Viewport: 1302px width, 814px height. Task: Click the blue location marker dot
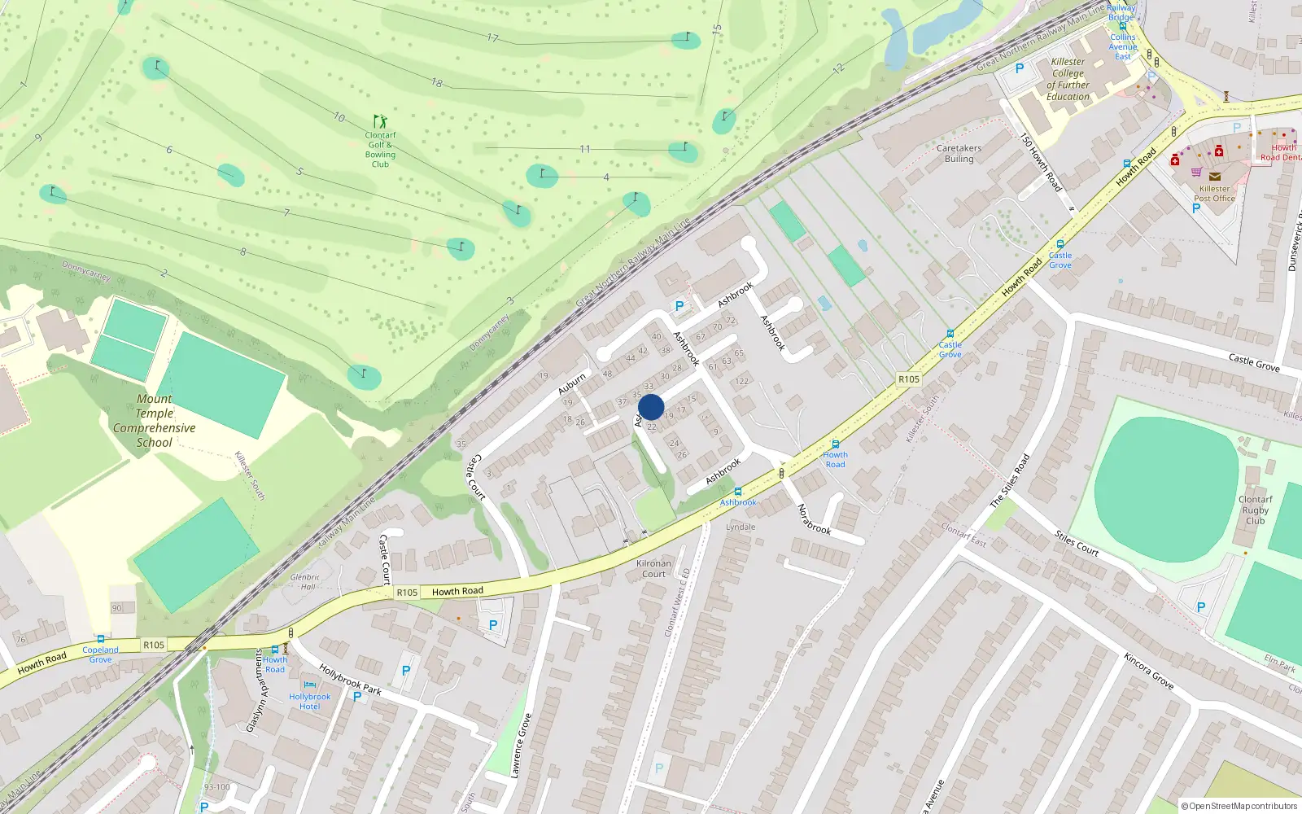pos(651,407)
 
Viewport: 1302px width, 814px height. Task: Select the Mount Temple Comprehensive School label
pos(155,421)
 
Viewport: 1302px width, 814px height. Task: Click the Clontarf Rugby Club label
pos(1255,510)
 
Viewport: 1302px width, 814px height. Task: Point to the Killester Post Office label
pos(1214,194)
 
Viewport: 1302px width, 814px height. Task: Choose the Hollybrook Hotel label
pos(309,701)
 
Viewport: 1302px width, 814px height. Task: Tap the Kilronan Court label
pos(653,568)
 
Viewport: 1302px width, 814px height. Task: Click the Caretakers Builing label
pos(959,154)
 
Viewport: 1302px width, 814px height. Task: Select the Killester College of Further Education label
pos(1068,79)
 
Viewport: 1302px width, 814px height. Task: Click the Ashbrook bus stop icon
pos(738,492)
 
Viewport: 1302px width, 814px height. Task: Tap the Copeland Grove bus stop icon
pos(100,639)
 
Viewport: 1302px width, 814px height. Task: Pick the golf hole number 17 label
pos(492,37)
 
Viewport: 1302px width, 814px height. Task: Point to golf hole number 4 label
pos(606,177)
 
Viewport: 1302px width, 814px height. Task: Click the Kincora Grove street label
pos(1148,671)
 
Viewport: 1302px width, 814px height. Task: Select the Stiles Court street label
pos(1077,543)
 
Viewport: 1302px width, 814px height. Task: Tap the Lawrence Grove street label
pos(522,746)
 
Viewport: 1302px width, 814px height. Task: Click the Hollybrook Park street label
pos(350,680)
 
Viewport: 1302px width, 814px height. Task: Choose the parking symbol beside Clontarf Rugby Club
pos(1200,607)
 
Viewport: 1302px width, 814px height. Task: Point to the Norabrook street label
pos(813,519)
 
